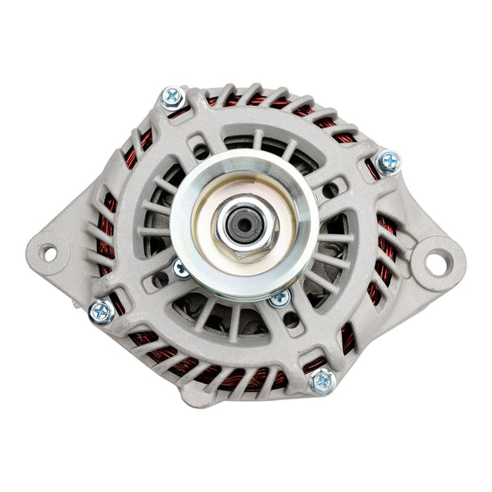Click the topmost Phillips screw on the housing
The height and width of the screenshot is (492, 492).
click(171, 98)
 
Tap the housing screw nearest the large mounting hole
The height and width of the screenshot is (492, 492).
click(387, 162)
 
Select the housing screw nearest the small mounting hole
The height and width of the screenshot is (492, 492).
click(101, 311)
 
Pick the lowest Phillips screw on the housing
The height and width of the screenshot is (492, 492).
click(322, 380)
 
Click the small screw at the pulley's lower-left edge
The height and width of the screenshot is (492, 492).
click(181, 268)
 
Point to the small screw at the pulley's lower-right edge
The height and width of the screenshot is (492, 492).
click(279, 298)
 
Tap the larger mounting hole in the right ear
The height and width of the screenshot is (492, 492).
click(433, 262)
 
